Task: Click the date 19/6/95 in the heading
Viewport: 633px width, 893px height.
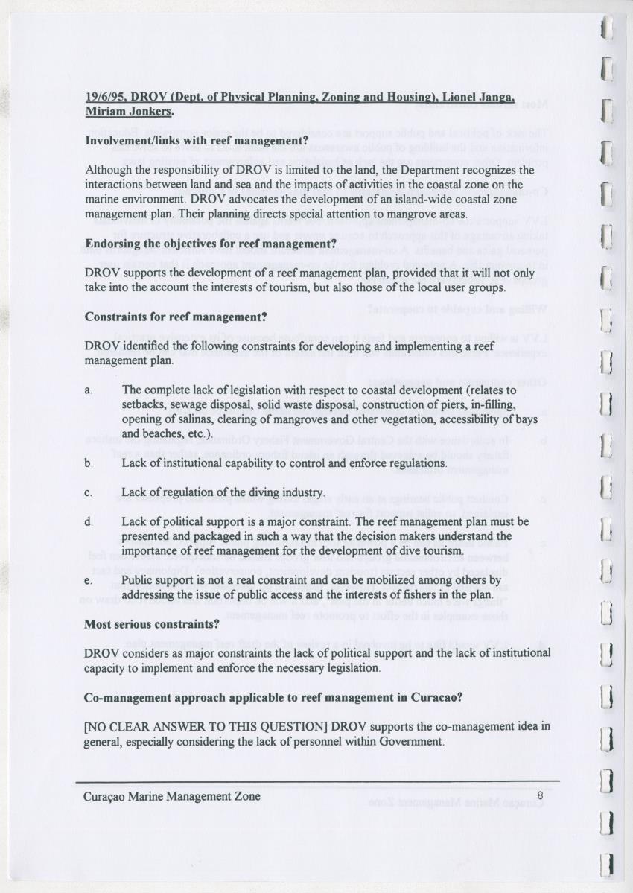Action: pos(106,97)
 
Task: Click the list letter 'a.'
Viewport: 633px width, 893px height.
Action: pos(89,390)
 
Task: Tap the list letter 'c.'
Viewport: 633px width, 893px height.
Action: pos(89,492)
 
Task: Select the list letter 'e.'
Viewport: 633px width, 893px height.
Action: pos(89,579)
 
